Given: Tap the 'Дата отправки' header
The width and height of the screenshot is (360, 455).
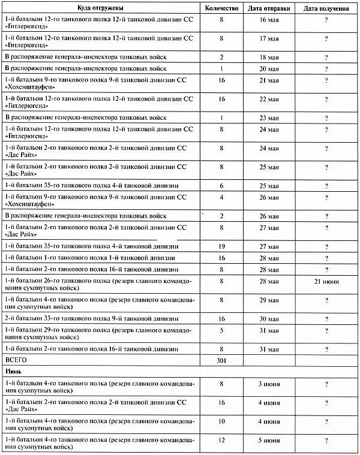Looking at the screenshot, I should pyautogui.click(x=270, y=10).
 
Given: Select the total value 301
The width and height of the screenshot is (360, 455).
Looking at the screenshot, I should pyautogui.click(x=221, y=360).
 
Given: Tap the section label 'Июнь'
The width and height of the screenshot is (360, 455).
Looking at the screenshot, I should pyautogui.click(x=14, y=372).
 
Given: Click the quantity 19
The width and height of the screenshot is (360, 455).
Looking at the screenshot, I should pyautogui.click(x=221, y=246).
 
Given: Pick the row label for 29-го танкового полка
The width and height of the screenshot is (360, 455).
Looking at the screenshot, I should pyautogui.click(x=106, y=334).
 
